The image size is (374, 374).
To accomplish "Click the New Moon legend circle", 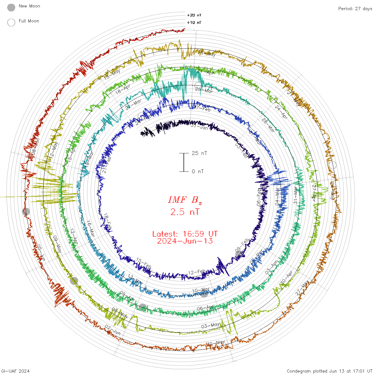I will pos(11,7).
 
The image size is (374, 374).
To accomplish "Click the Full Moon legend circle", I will pos(11,22).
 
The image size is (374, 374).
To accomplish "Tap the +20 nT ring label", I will pos(194,15).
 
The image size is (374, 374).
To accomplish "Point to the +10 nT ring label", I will pos(194,22).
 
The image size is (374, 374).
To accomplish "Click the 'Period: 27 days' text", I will pos(355,9).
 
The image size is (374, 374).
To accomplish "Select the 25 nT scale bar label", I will pos(199,153).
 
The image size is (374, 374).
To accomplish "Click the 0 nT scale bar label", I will pos(198,171).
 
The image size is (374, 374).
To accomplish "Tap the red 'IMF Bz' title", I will pos(185,200).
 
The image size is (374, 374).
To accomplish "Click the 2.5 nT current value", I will pos(185,212).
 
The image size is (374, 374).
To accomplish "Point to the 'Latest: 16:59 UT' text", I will pos(185,234).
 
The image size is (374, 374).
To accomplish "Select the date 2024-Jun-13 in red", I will pos(185,241).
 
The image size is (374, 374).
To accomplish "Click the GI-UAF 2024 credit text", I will pos(15,371).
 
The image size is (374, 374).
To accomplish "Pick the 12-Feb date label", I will pos(197,272).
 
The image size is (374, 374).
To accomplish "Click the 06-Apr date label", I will pos(205,308).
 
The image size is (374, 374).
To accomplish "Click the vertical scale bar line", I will pos(184,162).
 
